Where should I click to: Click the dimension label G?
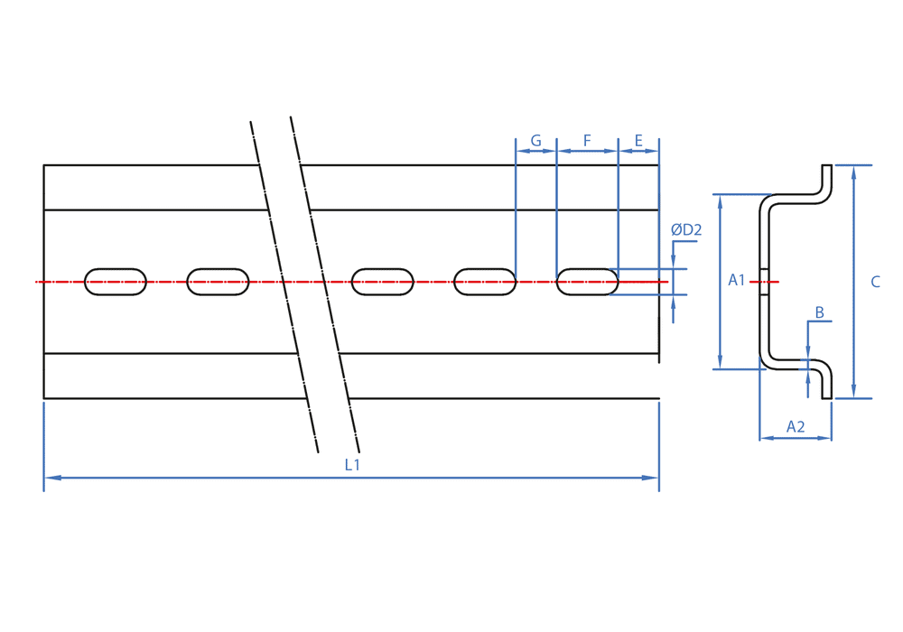click(x=535, y=141)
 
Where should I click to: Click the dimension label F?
click(x=587, y=141)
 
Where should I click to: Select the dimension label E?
click(x=638, y=141)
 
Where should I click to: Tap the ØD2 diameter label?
click(x=686, y=230)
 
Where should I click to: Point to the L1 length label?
click(x=352, y=465)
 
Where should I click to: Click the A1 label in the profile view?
click(x=737, y=281)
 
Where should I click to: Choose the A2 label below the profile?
click(x=796, y=426)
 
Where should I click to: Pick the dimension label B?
click(x=819, y=312)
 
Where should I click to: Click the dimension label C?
click(x=875, y=282)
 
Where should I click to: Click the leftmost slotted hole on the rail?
click(x=116, y=282)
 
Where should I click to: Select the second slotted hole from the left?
click(x=218, y=282)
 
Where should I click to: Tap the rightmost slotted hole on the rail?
click(x=588, y=282)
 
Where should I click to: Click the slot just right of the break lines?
click(x=383, y=282)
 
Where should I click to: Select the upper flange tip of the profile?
click(x=826, y=168)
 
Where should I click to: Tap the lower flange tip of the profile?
click(x=826, y=395)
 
